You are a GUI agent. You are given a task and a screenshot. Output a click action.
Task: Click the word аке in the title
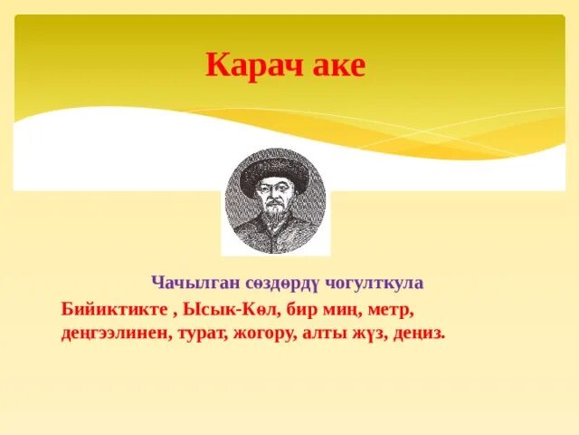[x=337, y=66]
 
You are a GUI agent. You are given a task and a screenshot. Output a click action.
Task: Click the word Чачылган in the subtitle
[x=188, y=283]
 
